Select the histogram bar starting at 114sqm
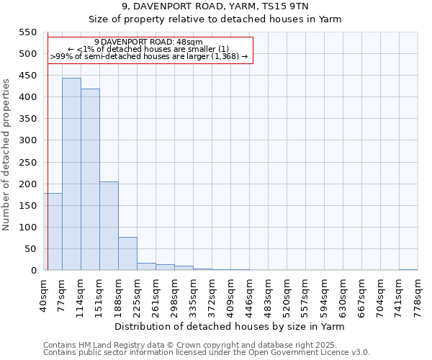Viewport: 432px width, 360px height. (x=90, y=179)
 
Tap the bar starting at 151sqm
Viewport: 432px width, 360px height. (x=109, y=226)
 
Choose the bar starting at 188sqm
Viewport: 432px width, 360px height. (x=127, y=253)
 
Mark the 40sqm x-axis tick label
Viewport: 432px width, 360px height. (x=43, y=293)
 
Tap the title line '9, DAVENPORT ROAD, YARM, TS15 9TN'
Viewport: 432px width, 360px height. (x=215, y=6)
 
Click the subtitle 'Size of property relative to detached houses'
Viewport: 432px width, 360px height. (x=215, y=19)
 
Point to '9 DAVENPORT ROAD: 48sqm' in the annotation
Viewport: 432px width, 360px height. (x=148, y=42)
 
